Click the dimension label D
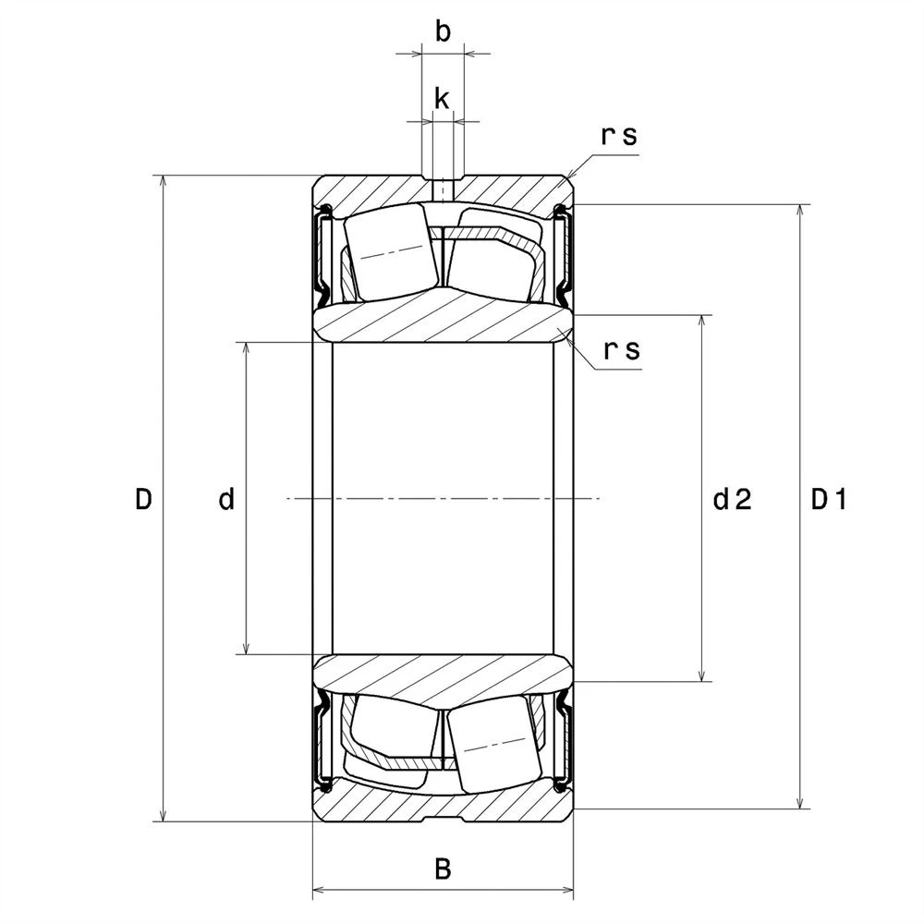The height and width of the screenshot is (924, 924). (x=144, y=499)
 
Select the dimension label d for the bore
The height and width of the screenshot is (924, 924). (x=227, y=499)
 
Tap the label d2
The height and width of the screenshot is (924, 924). (x=733, y=499)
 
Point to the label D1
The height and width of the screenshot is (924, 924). (x=829, y=499)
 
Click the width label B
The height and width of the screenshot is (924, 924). (x=444, y=869)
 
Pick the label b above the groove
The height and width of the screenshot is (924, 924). (x=444, y=31)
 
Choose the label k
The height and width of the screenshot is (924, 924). (x=442, y=99)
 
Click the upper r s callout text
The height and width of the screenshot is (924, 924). (x=619, y=136)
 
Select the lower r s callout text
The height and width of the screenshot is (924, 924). (x=622, y=350)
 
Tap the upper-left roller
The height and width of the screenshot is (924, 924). (x=391, y=252)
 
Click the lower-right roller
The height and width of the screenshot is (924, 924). (x=493, y=744)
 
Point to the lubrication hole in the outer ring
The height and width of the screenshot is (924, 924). (x=444, y=189)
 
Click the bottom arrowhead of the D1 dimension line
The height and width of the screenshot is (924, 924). (x=799, y=802)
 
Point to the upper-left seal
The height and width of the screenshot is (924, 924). (x=322, y=252)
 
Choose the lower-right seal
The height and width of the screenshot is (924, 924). (x=564, y=744)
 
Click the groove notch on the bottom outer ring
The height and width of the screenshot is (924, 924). (x=444, y=819)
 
